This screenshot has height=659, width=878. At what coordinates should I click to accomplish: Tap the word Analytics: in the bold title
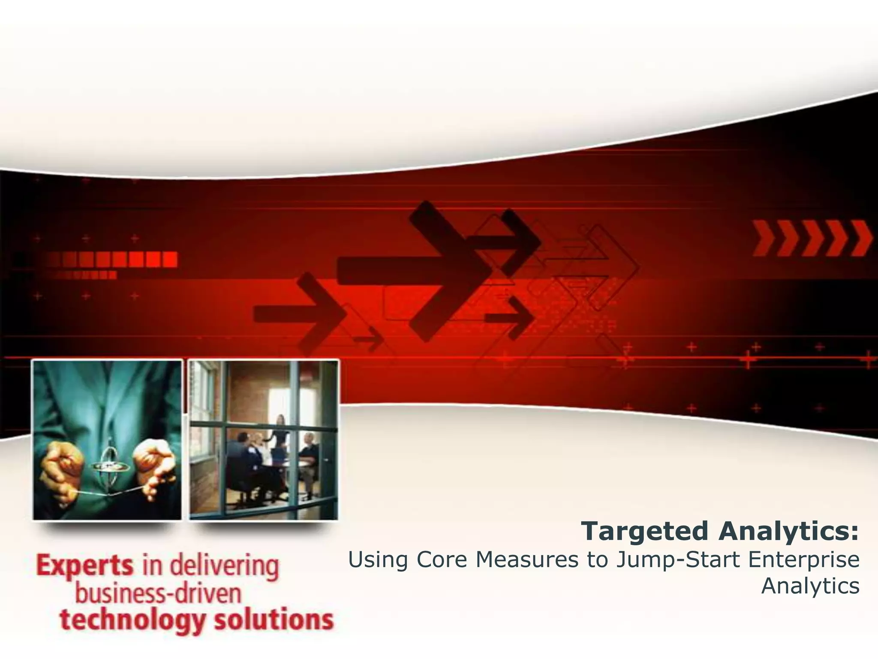(789, 532)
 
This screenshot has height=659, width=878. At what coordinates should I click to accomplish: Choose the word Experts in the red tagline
(85, 567)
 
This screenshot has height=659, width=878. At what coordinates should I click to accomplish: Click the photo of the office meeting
(264, 440)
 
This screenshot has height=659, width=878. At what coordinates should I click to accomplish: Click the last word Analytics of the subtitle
(810, 586)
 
